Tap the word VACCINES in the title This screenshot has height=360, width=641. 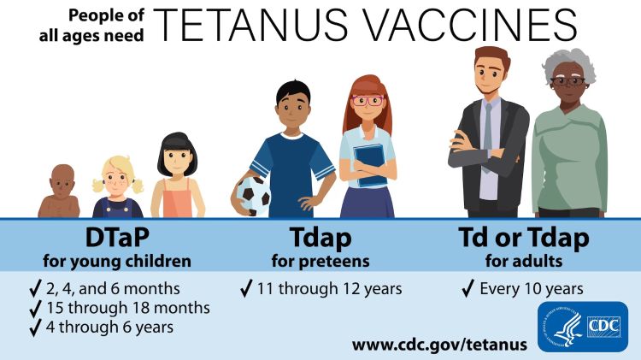pos(474,28)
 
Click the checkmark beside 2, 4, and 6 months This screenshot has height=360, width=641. pos(36,288)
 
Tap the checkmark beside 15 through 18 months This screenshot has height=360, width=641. pos(36,308)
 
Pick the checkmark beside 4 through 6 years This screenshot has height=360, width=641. pos(36,327)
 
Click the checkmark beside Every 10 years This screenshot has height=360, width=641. pos(468,288)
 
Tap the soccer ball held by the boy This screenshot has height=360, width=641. pos(253,196)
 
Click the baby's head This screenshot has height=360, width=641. pos(62,179)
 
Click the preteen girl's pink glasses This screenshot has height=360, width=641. pos(368,100)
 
